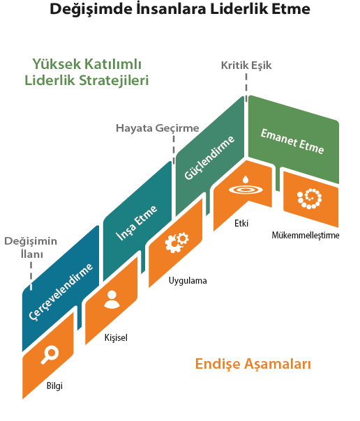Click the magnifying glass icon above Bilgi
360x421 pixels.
pyautogui.click(x=50, y=354)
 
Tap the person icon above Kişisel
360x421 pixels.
pyautogui.click(x=112, y=300)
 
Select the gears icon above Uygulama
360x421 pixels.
pyautogui.click(x=177, y=243)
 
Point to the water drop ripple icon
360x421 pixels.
pyautogui.click(x=246, y=186)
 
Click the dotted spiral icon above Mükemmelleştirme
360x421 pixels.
pyautogui.click(x=310, y=199)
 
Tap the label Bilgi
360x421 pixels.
pyautogui.click(x=54, y=386)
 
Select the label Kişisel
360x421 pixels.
pyautogui.click(x=116, y=337)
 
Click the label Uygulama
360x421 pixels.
pyautogui.click(x=188, y=281)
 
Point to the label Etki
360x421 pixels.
pyautogui.click(x=241, y=223)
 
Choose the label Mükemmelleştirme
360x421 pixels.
pyautogui.click(x=306, y=235)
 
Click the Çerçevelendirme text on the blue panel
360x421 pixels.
pyautogui.click(x=61, y=291)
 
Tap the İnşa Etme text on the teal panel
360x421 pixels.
pyautogui.click(x=137, y=222)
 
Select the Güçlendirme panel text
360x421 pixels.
pyautogui.click(x=209, y=158)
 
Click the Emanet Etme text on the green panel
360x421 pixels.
pyautogui.click(x=292, y=141)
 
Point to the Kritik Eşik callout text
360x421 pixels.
pyautogui.click(x=246, y=66)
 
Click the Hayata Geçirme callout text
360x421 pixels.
pyautogui.click(x=158, y=128)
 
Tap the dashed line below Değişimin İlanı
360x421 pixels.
pyautogui.click(x=31, y=276)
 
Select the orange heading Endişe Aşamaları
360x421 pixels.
pyautogui.click(x=253, y=365)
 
